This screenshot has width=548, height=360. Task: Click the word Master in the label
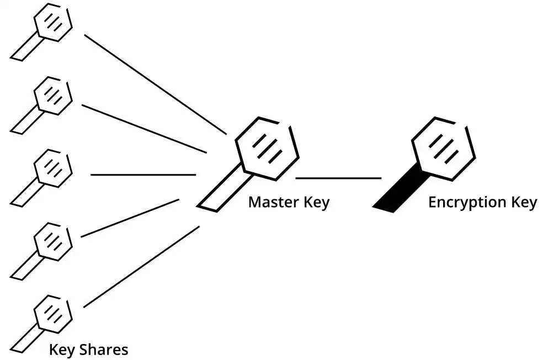point(274,202)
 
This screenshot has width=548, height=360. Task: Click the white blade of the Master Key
point(224,188)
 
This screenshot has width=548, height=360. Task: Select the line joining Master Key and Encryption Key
point(338,178)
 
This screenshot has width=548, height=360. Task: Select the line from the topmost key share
point(156,84)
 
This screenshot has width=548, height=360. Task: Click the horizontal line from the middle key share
point(143,174)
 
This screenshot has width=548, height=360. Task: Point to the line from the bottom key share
point(141,267)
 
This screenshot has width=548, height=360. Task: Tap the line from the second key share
point(144,129)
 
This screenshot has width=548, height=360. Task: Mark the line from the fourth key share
point(130,218)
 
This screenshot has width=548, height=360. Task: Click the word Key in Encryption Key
point(524,203)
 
